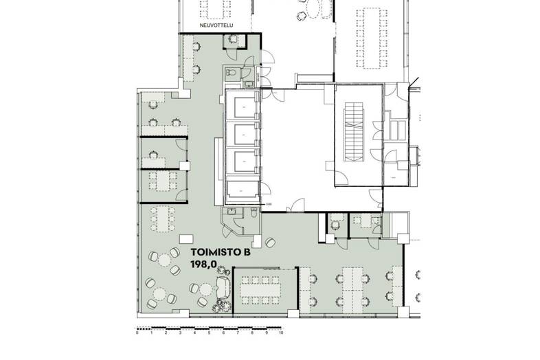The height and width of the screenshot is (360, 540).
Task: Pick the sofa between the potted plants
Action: [223, 285]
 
